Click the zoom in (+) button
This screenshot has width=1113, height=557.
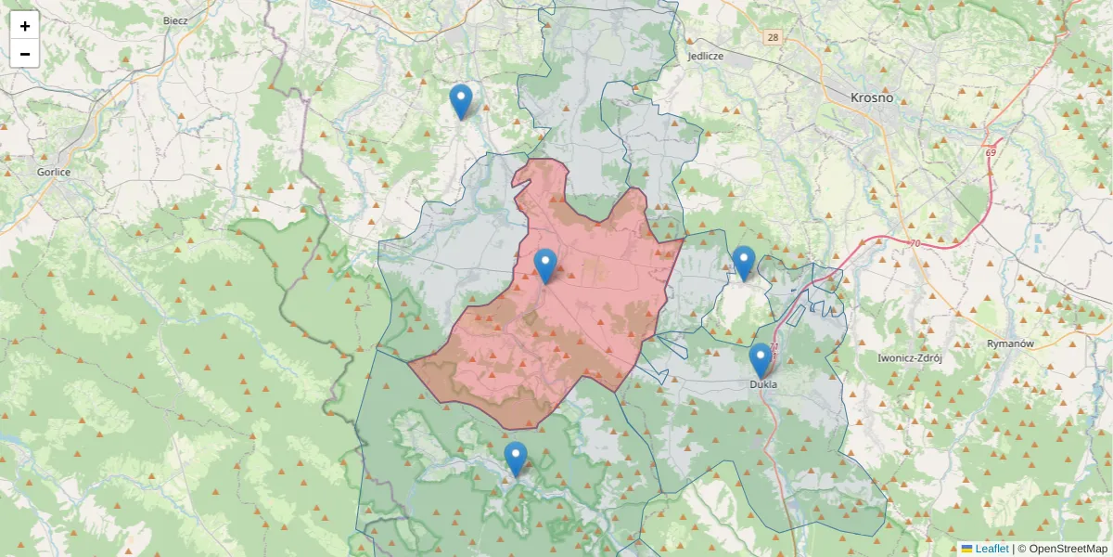point(25,26)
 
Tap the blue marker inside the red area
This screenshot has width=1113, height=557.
point(546,266)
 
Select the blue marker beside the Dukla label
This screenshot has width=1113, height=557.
point(761,360)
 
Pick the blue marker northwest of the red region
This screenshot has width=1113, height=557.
point(460,101)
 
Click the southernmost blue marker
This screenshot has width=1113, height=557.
point(516,459)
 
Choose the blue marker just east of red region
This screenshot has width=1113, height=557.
point(743,263)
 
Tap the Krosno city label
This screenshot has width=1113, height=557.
point(872,97)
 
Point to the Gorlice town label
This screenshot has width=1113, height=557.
point(54,172)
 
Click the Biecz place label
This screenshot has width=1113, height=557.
point(175,20)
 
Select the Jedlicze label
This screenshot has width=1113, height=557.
point(705,56)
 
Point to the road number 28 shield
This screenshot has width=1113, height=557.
point(773,38)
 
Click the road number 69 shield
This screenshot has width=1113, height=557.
point(991,152)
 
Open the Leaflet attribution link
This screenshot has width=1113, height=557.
point(991,549)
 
